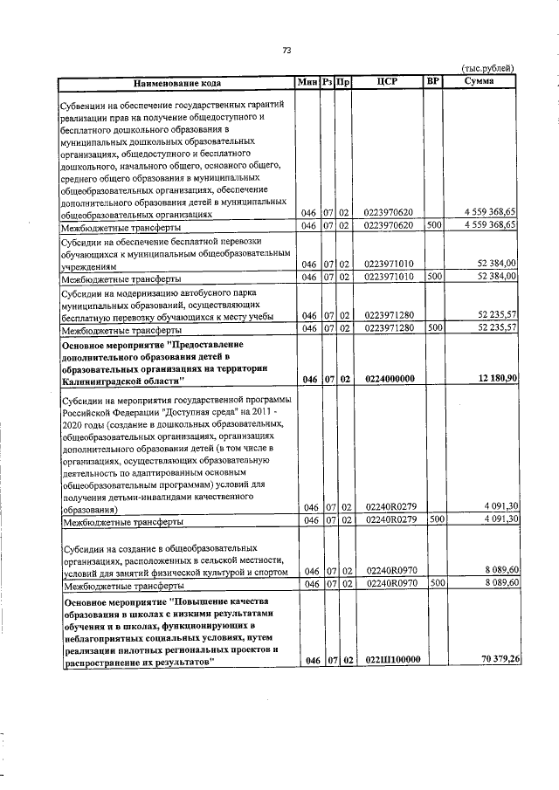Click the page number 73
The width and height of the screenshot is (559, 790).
point(286,50)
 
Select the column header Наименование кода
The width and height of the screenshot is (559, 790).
point(176,83)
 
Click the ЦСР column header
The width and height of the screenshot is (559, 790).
point(388,82)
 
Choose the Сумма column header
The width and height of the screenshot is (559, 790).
point(480,82)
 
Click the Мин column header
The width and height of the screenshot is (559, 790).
point(307,82)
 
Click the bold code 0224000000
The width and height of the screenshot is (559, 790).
point(389,378)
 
